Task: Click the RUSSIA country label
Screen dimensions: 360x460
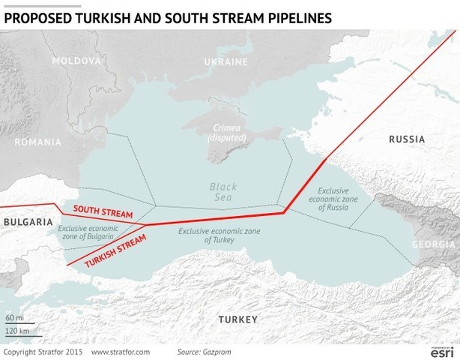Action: [x=407, y=139]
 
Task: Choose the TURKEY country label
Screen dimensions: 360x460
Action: [x=237, y=319]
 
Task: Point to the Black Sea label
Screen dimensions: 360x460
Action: [x=223, y=192]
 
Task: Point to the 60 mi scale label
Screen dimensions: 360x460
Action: [x=13, y=319]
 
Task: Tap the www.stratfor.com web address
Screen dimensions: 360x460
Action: [x=121, y=351]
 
